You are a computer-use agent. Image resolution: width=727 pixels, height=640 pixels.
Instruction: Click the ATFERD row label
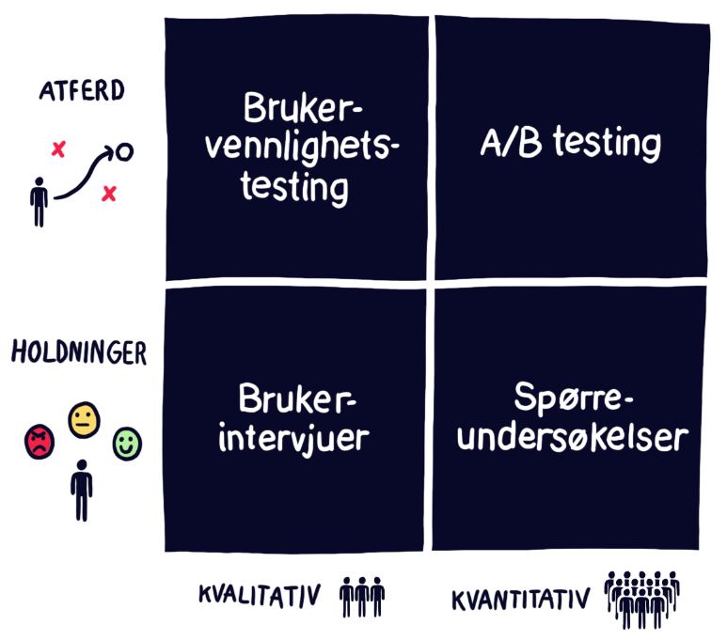[x=82, y=92]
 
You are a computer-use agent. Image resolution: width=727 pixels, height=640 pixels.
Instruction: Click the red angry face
[x=40, y=441]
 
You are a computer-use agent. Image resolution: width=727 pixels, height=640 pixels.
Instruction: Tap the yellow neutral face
[x=84, y=418]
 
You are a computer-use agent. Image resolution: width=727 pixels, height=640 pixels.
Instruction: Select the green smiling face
[x=125, y=443]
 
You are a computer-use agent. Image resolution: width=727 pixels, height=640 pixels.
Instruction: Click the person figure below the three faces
[x=83, y=489]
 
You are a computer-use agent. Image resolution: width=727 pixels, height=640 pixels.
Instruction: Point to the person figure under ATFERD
[x=39, y=202]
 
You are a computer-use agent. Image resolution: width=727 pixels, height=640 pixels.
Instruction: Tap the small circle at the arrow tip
[x=124, y=150]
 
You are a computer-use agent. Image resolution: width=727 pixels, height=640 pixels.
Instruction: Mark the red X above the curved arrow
[x=58, y=148]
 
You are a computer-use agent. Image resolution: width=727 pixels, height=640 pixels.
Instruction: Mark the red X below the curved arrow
[x=109, y=194]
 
